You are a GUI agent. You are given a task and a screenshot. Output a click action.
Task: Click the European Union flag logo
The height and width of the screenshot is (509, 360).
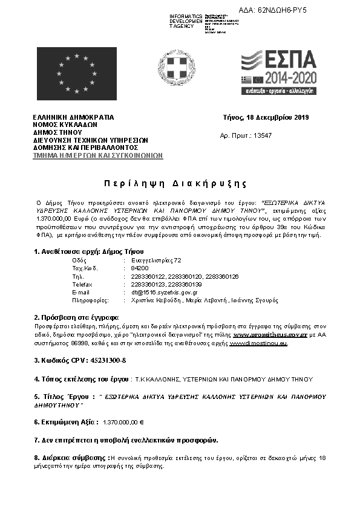click(77, 74)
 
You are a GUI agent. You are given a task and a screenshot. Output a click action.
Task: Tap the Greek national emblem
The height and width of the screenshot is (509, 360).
click(176, 68)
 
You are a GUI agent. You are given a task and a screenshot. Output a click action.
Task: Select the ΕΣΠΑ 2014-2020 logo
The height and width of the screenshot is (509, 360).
click(278, 73)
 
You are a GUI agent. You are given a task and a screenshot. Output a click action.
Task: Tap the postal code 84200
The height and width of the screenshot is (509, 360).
click(140, 268)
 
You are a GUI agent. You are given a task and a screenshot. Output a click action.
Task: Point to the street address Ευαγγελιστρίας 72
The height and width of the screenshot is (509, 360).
click(156, 260)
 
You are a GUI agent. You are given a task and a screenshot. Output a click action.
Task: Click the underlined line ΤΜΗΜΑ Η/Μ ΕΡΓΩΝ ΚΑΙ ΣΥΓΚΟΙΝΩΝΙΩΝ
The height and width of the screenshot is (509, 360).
click(97, 155)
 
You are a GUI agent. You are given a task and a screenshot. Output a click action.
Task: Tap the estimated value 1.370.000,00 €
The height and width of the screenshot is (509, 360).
click(127, 422)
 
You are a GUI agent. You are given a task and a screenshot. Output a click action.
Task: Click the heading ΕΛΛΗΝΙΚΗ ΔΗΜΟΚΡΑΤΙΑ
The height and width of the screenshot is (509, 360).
click(73, 117)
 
